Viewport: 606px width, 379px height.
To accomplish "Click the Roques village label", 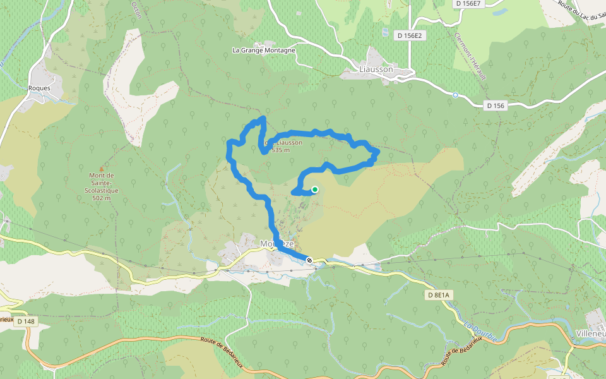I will click(39, 88).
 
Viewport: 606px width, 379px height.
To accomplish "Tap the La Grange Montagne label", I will click(264, 50).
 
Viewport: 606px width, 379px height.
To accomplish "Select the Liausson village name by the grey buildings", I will click(376, 69).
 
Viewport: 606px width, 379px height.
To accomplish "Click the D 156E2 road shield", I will click(410, 36).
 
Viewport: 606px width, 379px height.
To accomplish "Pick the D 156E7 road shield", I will click(468, 4).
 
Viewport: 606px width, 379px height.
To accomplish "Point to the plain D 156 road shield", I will click(496, 105).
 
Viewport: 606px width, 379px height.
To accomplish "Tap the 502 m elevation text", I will click(101, 198).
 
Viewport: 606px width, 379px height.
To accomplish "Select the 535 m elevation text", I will click(280, 150).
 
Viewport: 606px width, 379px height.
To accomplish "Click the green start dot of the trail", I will click(314, 189).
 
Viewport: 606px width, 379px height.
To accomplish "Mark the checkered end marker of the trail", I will click(309, 260).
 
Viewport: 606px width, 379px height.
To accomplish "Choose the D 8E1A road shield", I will click(438, 295).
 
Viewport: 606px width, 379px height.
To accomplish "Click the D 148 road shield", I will click(26, 322).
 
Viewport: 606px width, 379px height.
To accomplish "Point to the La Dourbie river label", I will click(481, 332).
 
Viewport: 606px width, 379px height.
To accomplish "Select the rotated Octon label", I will click(136, 8).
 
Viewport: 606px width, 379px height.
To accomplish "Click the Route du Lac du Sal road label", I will click(581, 11).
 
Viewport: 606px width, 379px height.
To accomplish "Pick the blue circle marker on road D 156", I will click(455, 95).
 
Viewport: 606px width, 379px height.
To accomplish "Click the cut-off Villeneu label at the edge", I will click(591, 333).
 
